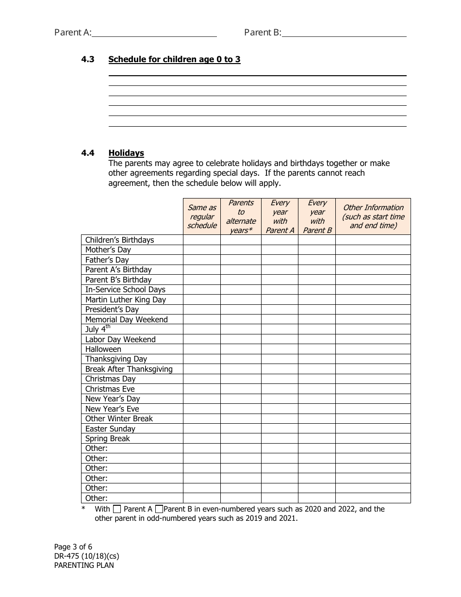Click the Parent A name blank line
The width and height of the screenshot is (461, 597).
click(154, 33)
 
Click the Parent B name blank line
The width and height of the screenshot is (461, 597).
click(344, 33)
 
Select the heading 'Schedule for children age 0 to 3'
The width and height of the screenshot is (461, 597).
click(174, 60)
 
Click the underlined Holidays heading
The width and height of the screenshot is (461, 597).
click(126, 153)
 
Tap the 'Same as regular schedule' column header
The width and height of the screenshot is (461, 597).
click(202, 216)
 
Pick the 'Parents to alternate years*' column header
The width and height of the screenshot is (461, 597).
click(241, 216)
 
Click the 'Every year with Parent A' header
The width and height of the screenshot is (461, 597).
click(280, 216)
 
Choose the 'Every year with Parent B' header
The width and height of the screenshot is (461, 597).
click(317, 216)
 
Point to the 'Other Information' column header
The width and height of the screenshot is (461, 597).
click(373, 216)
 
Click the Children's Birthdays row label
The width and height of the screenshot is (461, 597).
click(119, 240)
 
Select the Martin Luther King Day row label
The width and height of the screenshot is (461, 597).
click(125, 299)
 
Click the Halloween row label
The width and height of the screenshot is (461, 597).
click(103, 349)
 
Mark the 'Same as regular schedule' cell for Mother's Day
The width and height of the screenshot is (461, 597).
click(202, 250)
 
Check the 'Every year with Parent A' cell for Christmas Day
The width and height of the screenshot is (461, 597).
click(280, 379)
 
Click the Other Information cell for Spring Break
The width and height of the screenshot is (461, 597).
click(373, 439)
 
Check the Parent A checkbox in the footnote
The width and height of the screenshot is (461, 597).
click(117, 510)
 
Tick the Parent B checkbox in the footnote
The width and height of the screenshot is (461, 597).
click(159, 510)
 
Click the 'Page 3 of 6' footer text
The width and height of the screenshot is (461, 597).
click(73, 547)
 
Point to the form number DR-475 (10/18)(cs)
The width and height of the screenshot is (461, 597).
click(86, 556)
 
